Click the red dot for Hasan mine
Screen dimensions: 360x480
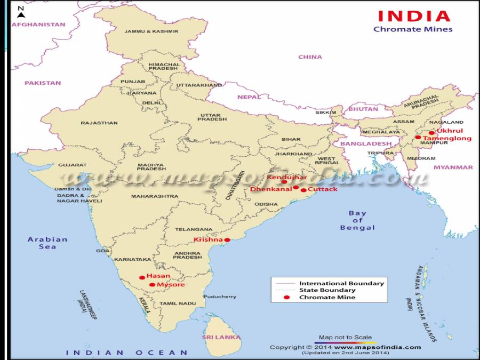click(142, 277)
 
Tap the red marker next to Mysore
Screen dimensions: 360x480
click(152, 285)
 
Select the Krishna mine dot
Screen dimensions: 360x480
click(227, 240)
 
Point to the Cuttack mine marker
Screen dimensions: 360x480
click(303, 190)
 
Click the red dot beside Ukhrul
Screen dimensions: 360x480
click(431, 133)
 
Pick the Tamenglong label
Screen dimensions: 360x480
click(447, 139)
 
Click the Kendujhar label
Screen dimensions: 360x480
click(287, 177)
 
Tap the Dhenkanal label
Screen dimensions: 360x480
click(271, 189)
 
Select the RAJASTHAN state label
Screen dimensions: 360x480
click(99, 123)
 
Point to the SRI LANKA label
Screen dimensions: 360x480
click(221, 337)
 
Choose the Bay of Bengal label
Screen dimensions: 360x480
click(357, 220)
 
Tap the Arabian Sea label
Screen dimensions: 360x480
click(47, 243)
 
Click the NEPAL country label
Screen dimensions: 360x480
click(249, 97)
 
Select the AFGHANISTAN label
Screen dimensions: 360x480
click(38, 25)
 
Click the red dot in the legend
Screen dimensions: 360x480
click(286, 297)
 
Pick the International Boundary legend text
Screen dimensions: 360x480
click(341, 283)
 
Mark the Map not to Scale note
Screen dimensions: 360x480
click(346, 338)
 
